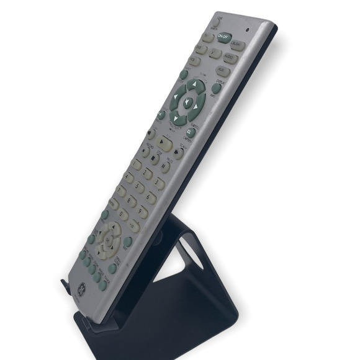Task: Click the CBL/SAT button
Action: (x=236, y=45)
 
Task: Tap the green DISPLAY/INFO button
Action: (x=216, y=88)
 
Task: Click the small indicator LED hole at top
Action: (x=248, y=29)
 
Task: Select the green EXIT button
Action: (x=128, y=241)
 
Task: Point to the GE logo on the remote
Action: (x=82, y=289)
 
